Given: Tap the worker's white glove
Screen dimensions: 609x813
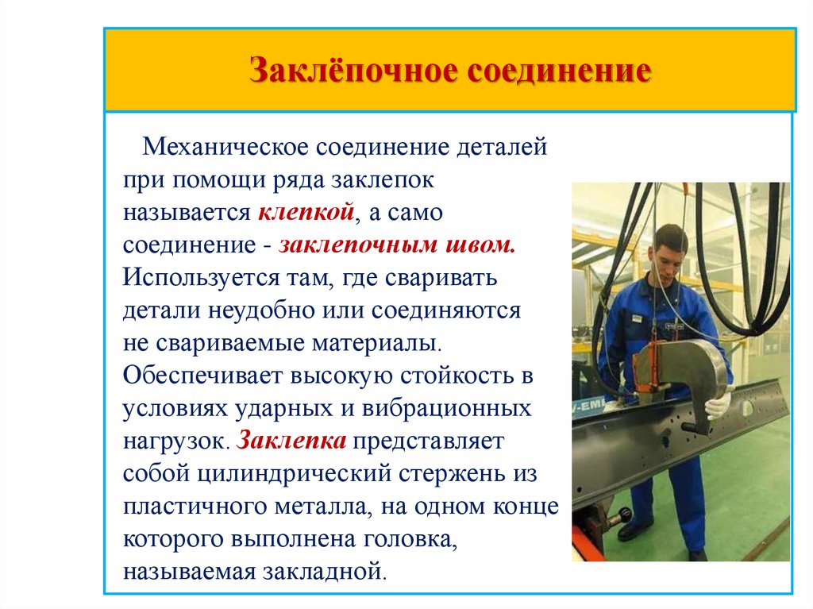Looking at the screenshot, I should [718, 406].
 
